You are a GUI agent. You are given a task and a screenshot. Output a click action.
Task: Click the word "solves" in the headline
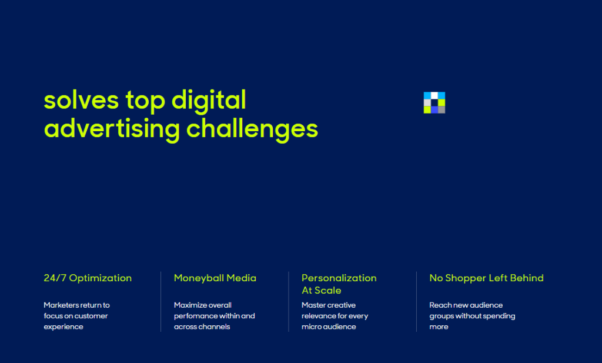81,101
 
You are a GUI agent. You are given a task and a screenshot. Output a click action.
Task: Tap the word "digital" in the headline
209,101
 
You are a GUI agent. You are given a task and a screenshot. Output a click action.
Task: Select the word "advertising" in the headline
112,129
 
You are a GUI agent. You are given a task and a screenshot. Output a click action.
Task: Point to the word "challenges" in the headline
252,129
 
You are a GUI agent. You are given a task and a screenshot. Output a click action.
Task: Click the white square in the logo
434,95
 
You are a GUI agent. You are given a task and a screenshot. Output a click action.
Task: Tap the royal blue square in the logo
434,110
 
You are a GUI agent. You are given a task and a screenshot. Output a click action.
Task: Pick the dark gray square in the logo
442,110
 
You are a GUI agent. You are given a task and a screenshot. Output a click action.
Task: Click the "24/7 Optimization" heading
88,278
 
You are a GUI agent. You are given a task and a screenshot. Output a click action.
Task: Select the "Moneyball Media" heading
215,278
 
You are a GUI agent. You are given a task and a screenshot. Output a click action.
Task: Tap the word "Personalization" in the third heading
339,278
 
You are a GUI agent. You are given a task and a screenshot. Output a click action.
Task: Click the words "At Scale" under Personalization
322,291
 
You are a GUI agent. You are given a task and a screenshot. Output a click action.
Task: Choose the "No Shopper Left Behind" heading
486,278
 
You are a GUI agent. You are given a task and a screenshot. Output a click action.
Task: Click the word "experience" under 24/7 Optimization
63,327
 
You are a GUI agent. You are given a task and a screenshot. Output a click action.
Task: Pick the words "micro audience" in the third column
329,327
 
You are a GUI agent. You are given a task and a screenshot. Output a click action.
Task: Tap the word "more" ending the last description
439,327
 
